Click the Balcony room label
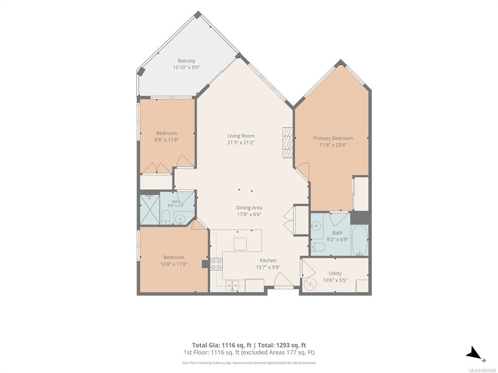(186, 61)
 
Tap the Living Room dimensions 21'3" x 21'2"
(241, 142)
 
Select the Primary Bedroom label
(333, 138)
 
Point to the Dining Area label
(249, 208)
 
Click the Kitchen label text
(268, 260)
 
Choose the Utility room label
(336, 273)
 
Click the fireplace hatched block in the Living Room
(287, 142)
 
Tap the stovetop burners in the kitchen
(216, 264)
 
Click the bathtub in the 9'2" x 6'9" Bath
(359, 240)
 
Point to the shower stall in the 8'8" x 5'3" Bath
(150, 210)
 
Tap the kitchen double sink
(232, 285)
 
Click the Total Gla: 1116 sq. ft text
(222, 345)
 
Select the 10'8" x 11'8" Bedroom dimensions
(174, 264)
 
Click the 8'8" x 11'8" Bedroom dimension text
(167, 139)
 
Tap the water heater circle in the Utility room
(309, 284)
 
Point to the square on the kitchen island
(240, 244)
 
